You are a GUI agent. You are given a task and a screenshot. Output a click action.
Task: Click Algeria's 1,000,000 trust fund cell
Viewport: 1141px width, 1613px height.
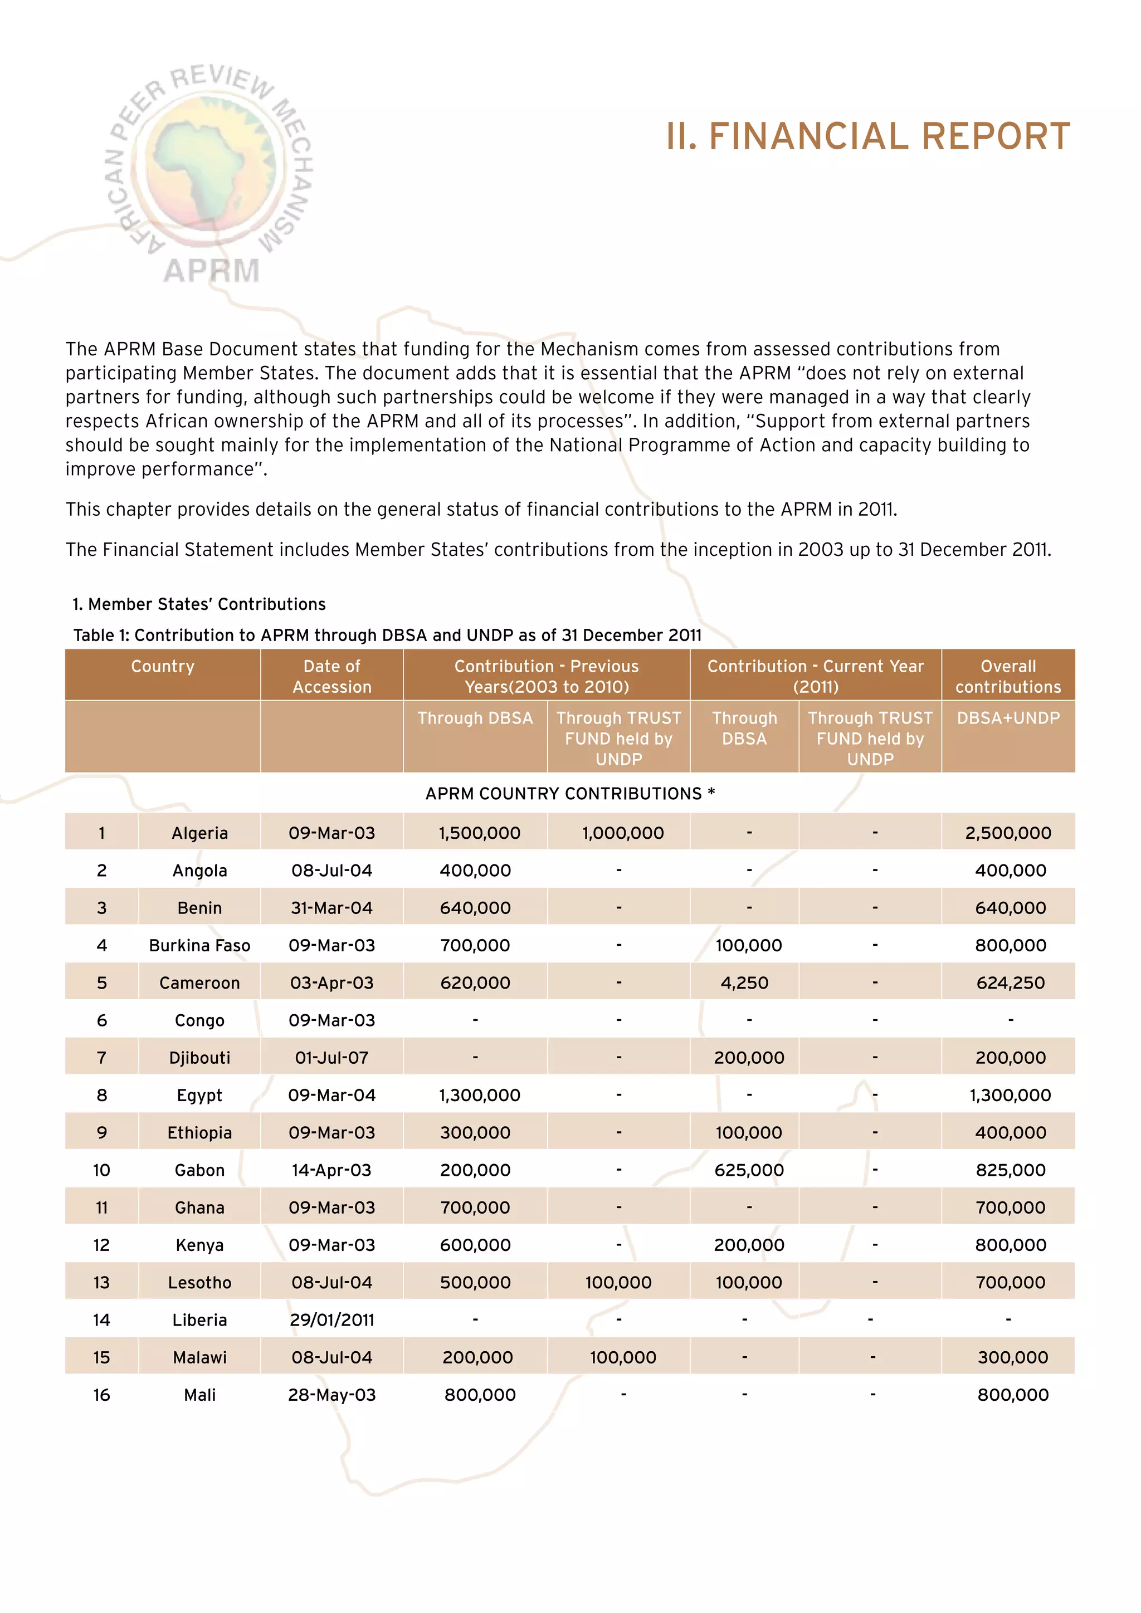[x=622, y=833]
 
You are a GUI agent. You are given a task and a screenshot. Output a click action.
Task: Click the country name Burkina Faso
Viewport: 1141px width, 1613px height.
[x=199, y=946]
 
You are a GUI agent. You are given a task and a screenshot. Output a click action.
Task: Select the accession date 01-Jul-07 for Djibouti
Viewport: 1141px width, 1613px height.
[x=331, y=1058]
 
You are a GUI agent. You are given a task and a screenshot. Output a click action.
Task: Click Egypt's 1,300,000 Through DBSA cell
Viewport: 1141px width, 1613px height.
[x=479, y=1095]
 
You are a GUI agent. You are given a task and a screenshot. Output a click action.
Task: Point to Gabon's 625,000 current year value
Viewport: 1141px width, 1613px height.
[x=749, y=1170]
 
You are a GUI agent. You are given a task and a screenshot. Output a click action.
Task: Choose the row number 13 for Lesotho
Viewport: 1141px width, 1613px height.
[x=101, y=1283]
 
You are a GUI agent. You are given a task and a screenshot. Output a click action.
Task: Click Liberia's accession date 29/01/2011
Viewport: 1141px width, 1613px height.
[x=331, y=1320]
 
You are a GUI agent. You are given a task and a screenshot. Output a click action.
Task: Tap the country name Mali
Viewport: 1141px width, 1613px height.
[x=199, y=1395]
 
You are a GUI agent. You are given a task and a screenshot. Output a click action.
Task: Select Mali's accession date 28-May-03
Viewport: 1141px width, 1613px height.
[x=331, y=1395]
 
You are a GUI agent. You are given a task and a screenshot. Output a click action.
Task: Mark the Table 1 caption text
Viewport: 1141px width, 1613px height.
[x=387, y=635]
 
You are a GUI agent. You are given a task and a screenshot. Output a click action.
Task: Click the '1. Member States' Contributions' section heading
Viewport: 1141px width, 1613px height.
[x=199, y=604]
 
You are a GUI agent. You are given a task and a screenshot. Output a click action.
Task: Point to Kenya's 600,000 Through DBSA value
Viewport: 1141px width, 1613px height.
[x=475, y=1245]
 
